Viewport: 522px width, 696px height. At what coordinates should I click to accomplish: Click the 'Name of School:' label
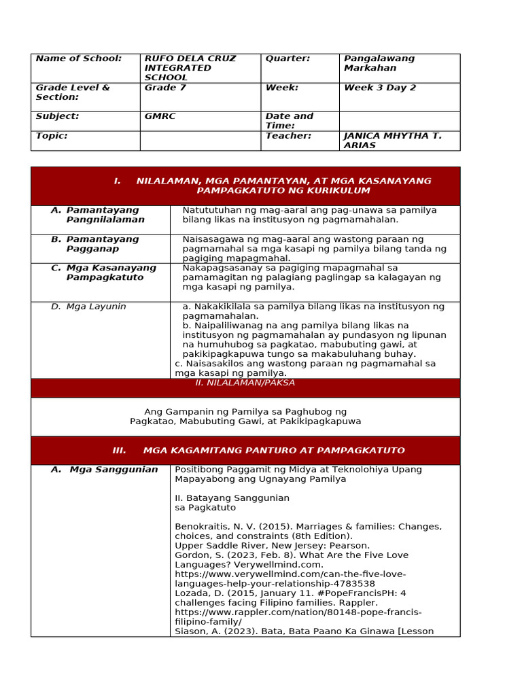tap(78, 58)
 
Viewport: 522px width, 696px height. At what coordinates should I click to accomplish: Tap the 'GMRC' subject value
tap(160, 116)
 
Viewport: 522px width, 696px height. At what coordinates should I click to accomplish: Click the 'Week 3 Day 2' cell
tap(380, 88)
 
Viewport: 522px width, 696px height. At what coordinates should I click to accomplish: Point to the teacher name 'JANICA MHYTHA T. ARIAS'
tap(392, 141)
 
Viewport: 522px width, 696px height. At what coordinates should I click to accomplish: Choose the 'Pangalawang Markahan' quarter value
tap(379, 63)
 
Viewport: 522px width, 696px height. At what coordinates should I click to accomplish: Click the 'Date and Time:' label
tap(290, 121)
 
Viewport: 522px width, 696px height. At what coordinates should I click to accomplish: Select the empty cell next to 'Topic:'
tap(200, 141)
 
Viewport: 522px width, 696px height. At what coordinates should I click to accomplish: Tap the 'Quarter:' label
tap(287, 58)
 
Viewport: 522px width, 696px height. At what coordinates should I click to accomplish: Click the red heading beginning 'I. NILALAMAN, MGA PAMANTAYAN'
tap(273, 186)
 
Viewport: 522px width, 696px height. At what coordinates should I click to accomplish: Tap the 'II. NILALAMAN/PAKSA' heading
tap(245, 383)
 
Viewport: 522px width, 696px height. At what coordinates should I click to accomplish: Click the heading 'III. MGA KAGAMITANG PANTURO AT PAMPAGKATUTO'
tap(258, 451)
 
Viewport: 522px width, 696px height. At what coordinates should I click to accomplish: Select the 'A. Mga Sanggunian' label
tap(104, 470)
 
